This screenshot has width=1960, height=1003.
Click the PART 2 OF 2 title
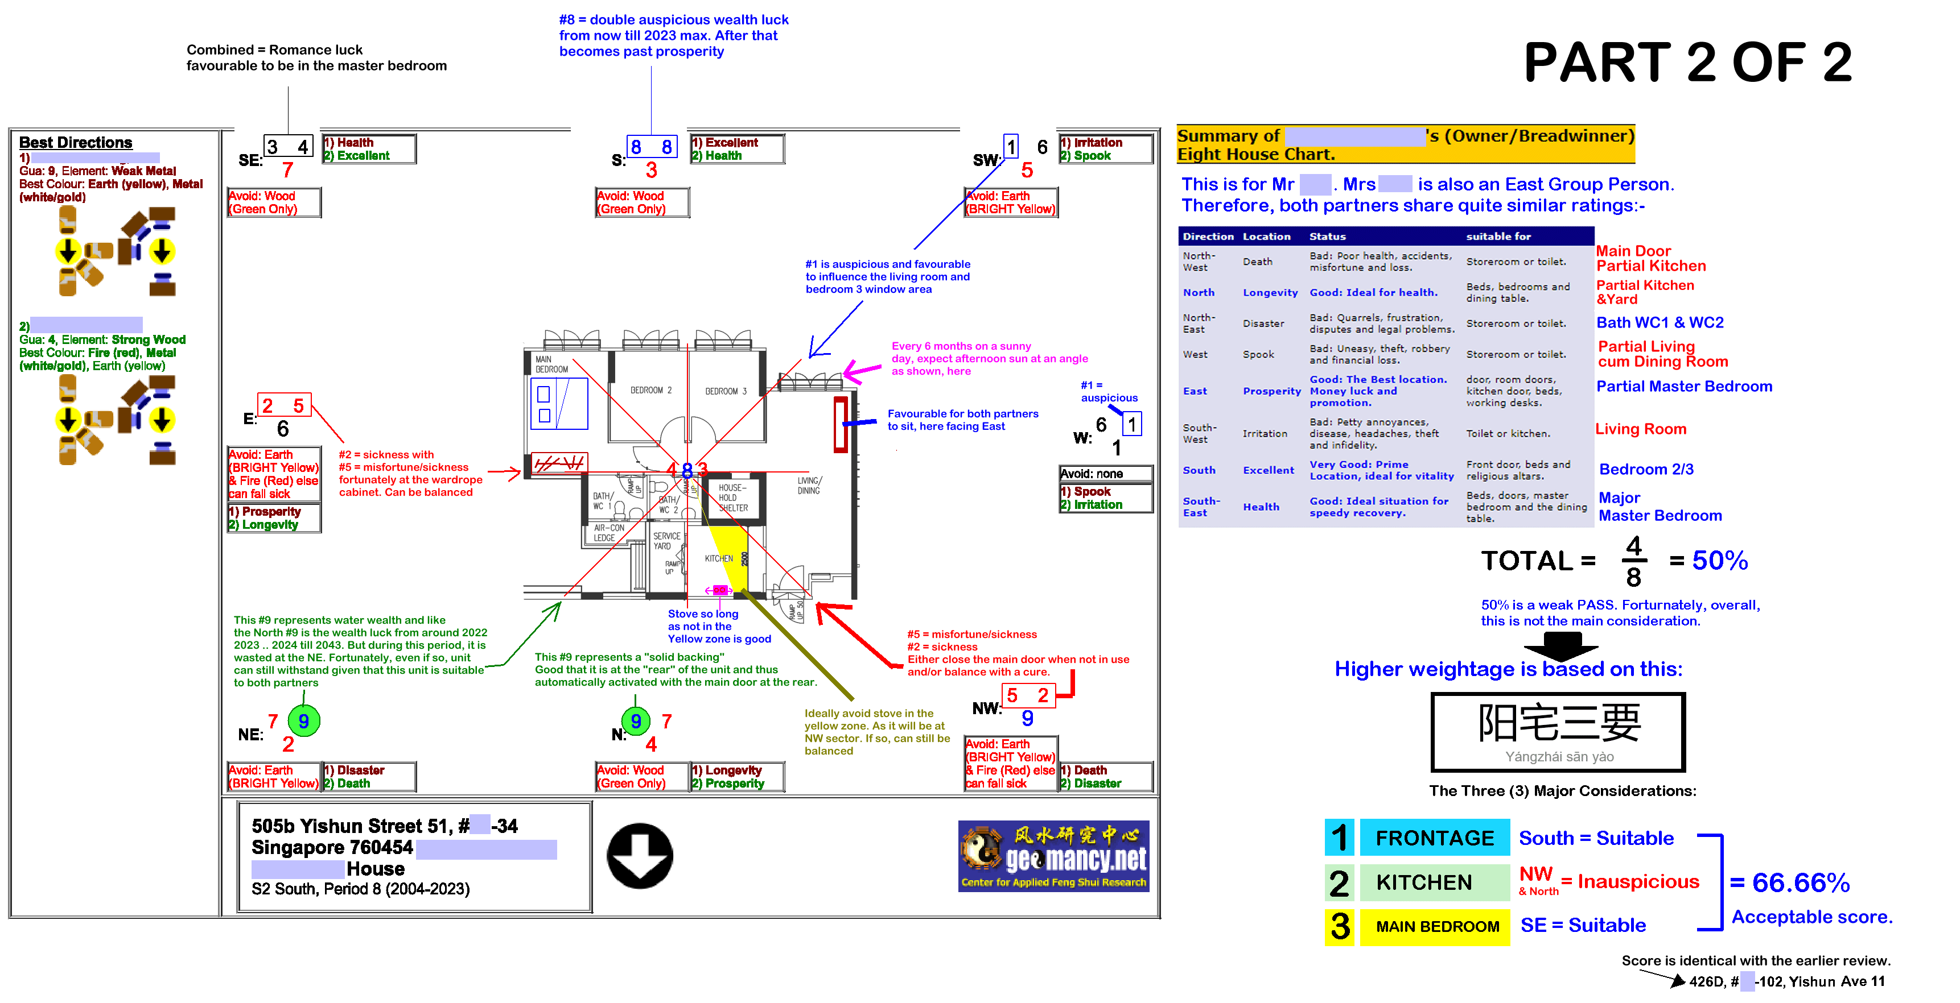pyautogui.click(x=1687, y=63)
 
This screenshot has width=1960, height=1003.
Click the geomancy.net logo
pyautogui.click(x=1053, y=856)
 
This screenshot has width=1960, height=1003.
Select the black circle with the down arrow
pyautogui.click(x=639, y=856)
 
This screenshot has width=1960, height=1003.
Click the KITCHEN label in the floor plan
pyautogui.click(x=718, y=558)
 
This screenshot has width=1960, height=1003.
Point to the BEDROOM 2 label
pyautogui.click(x=650, y=390)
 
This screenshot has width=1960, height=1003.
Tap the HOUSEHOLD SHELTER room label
pyautogui.click(x=732, y=498)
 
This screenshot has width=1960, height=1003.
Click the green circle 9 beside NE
pyautogui.click(x=303, y=721)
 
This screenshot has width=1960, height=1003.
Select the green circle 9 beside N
pyautogui.click(x=636, y=721)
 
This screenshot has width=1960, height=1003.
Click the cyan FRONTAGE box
pyautogui.click(x=1434, y=837)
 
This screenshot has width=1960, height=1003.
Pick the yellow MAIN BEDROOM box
pyautogui.click(x=1434, y=926)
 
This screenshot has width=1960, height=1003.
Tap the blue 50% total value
pyautogui.click(x=1720, y=561)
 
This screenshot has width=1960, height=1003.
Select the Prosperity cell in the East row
pyautogui.click(x=1271, y=391)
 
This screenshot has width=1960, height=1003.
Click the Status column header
pyautogui.click(x=1327, y=237)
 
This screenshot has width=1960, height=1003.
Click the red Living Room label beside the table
pyautogui.click(x=1640, y=429)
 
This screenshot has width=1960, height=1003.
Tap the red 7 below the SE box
pyautogui.click(x=287, y=169)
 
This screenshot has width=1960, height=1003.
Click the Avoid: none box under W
pyautogui.click(x=1105, y=474)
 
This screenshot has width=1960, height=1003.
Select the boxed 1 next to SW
pyautogui.click(x=1010, y=146)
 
